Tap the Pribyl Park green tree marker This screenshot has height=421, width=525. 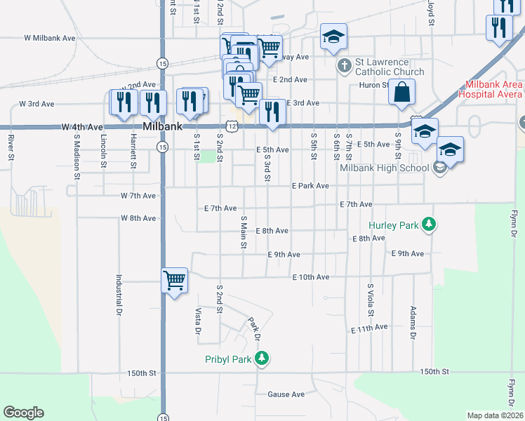click(x=262, y=359)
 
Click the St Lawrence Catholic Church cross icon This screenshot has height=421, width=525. click(x=344, y=66)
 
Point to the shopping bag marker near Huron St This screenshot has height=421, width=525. click(x=401, y=93)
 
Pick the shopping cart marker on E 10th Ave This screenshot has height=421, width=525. click(x=174, y=281)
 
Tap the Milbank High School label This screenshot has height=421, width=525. click(x=384, y=168)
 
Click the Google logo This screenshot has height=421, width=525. click(x=23, y=413)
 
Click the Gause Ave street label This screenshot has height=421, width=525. click(x=286, y=394)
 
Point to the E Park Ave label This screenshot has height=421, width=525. click(x=310, y=186)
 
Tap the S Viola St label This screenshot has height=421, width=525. click(x=370, y=300)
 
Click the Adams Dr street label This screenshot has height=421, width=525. click(x=413, y=322)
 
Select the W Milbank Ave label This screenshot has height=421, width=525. click(x=49, y=38)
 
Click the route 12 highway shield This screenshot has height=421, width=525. click(x=240, y=124)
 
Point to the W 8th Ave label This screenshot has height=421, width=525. click(x=138, y=218)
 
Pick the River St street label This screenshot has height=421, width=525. click(x=12, y=149)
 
